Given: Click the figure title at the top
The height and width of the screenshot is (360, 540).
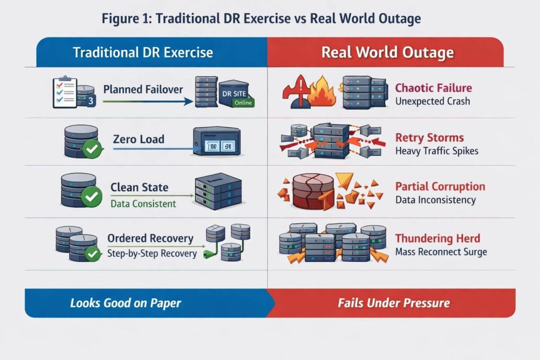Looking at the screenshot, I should pyautogui.click(x=261, y=18).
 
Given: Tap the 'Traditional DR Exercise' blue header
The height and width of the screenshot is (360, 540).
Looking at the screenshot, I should pyautogui.click(x=143, y=52).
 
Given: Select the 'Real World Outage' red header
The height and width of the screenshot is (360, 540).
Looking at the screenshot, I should pyautogui.click(x=387, y=52).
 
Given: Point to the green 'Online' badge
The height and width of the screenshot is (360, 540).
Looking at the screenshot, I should pyautogui.click(x=243, y=103).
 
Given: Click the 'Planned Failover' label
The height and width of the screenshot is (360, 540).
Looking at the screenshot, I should pyautogui.click(x=143, y=89).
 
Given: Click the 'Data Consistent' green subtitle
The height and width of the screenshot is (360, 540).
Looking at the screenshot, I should pyautogui.click(x=143, y=203).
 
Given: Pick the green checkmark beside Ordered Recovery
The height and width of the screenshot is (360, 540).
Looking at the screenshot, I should pyautogui.click(x=93, y=254).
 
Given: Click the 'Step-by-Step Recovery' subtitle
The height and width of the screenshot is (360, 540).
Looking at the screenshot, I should pyautogui.click(x=152, y=253).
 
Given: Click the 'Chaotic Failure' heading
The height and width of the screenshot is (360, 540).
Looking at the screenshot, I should pyautogui.click(x=433, y=88).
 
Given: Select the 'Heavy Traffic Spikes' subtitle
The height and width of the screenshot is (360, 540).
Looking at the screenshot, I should pyautogui.click(x=436, y=151).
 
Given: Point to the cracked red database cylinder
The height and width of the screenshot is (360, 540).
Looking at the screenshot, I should pyautogui.click(x=313, y=192).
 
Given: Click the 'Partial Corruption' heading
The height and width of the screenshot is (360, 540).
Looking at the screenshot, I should pyautogui.click(x=440, y=186).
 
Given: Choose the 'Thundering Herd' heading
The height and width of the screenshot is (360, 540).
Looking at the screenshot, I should pyautogui.click(x=437, y=238).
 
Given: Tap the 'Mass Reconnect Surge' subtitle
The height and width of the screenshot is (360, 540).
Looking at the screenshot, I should pyautogui.click(x=441, y=252).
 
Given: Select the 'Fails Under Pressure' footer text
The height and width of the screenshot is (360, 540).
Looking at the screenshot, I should pyautogui.click(x=394, y=303).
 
